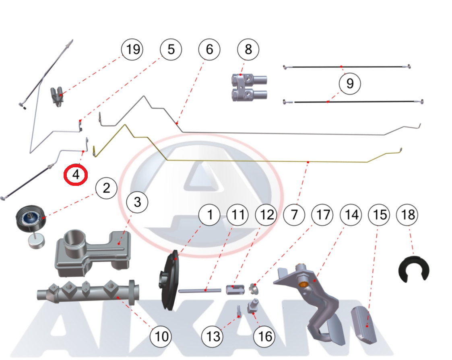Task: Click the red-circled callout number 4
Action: click(76, 175)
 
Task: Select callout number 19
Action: click(132, 49)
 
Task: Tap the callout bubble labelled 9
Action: click(350, 84)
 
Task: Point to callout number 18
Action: click(408, 214)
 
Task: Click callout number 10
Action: click(161, 336)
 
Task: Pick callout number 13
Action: click(213, 336)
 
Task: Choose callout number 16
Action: click(264, 336)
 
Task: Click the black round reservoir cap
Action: click(30, 218)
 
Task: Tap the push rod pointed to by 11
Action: click(200, 290)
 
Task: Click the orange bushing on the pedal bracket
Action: click(302, 284)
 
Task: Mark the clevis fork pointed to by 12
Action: click(235, 290)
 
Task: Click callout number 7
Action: click(294, 214)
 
